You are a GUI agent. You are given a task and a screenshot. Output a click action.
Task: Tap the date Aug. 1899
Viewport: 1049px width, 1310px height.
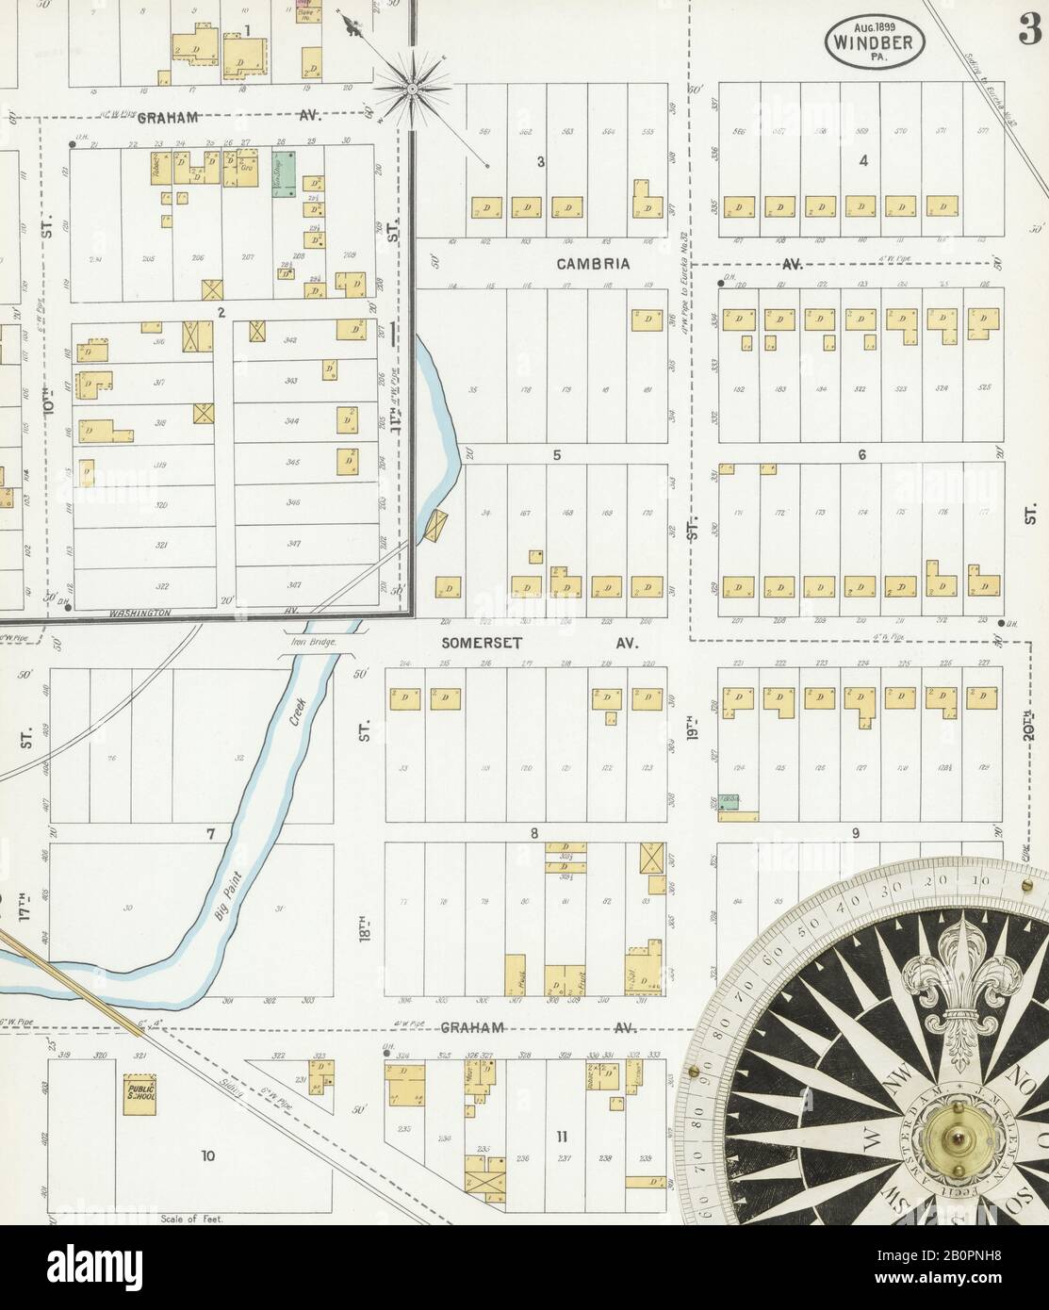click(x=875, y=25)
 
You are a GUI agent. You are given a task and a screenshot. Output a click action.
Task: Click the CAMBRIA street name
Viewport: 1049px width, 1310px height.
click(x=592, y=264)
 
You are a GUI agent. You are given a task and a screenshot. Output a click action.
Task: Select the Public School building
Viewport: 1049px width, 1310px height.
click(x=139, y=1090)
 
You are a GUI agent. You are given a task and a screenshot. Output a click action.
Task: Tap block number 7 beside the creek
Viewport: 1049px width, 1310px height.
click(x=211, y=834)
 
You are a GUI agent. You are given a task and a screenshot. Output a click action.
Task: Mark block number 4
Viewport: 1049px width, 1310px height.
click(x=862, y=160)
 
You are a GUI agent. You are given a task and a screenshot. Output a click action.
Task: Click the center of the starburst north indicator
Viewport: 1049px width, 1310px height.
click(x=412, y=89)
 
